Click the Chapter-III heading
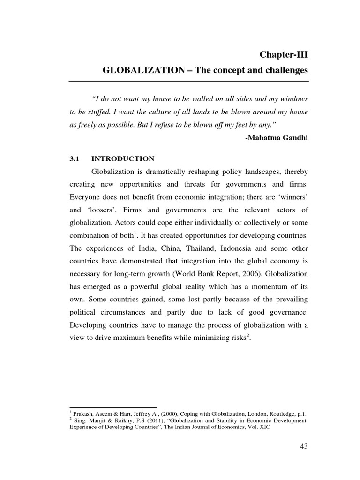tap(284, 55)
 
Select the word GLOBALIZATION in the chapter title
tap(140, 71)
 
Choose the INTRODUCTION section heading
tap(123, 159)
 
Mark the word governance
tap(288, 312)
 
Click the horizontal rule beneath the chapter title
tap(189, 82)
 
